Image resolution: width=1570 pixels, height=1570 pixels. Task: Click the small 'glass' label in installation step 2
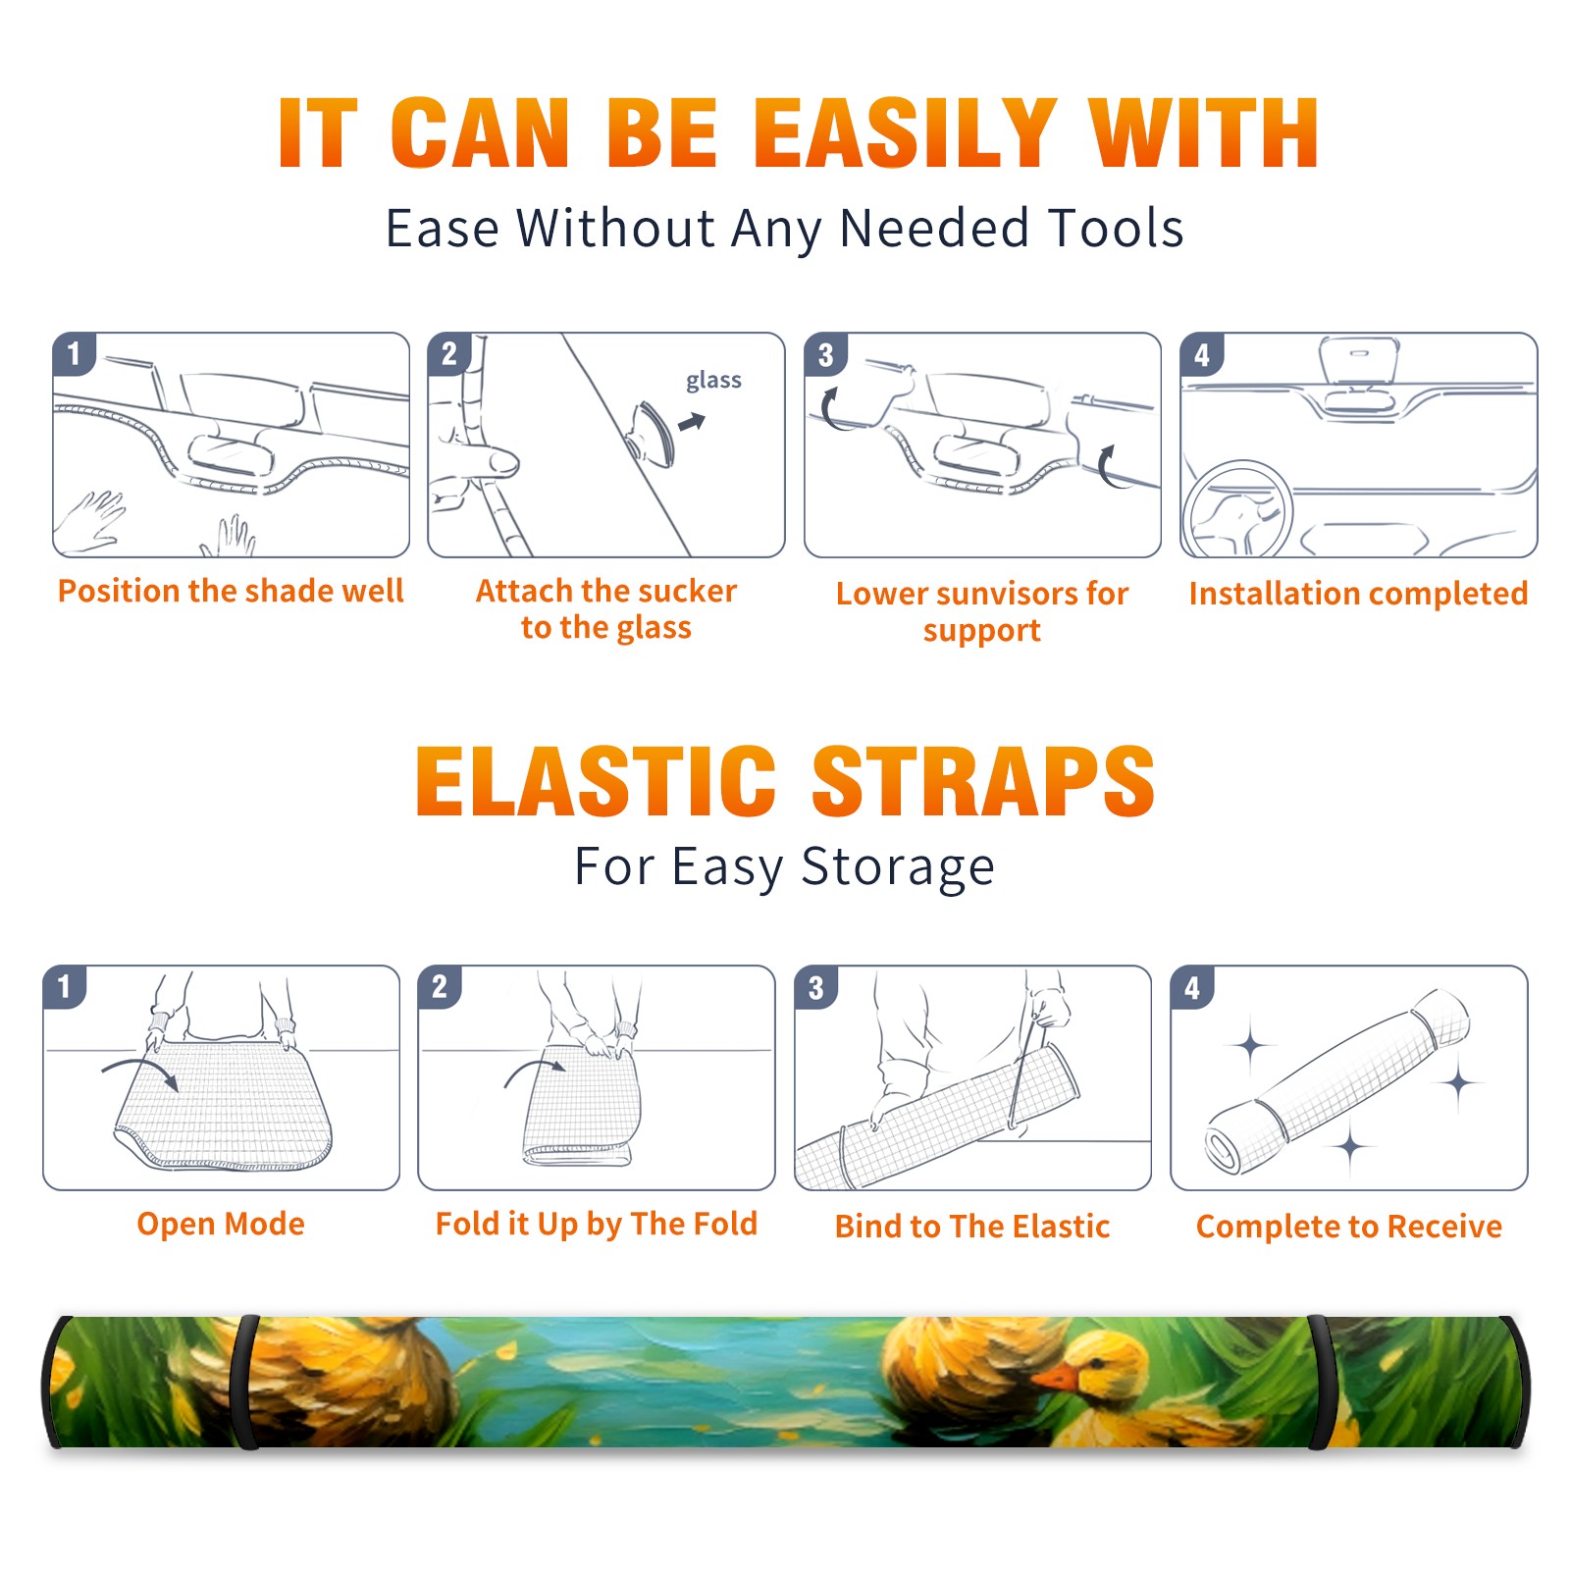[x=713, y=380]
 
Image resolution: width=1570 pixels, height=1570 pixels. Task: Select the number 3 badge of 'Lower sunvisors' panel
[x=825, y=354]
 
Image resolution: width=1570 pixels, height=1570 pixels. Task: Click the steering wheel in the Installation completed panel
[x=1236, y=510]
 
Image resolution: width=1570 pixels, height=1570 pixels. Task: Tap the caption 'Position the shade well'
[x=231, y=591]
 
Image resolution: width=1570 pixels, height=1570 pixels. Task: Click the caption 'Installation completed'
[x=1358, y=593]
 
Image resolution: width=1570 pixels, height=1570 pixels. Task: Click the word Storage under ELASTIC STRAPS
[x=898, y=867]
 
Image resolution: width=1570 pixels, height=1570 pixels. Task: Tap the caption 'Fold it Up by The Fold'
[x=597, y=1224]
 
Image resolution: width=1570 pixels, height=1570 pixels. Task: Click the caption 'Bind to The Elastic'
[x=972, y=1226]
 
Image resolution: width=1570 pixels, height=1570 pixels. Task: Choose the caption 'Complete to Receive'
[x=1349, y=1226]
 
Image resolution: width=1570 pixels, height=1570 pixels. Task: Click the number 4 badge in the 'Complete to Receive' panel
[x=1192, y=987]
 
